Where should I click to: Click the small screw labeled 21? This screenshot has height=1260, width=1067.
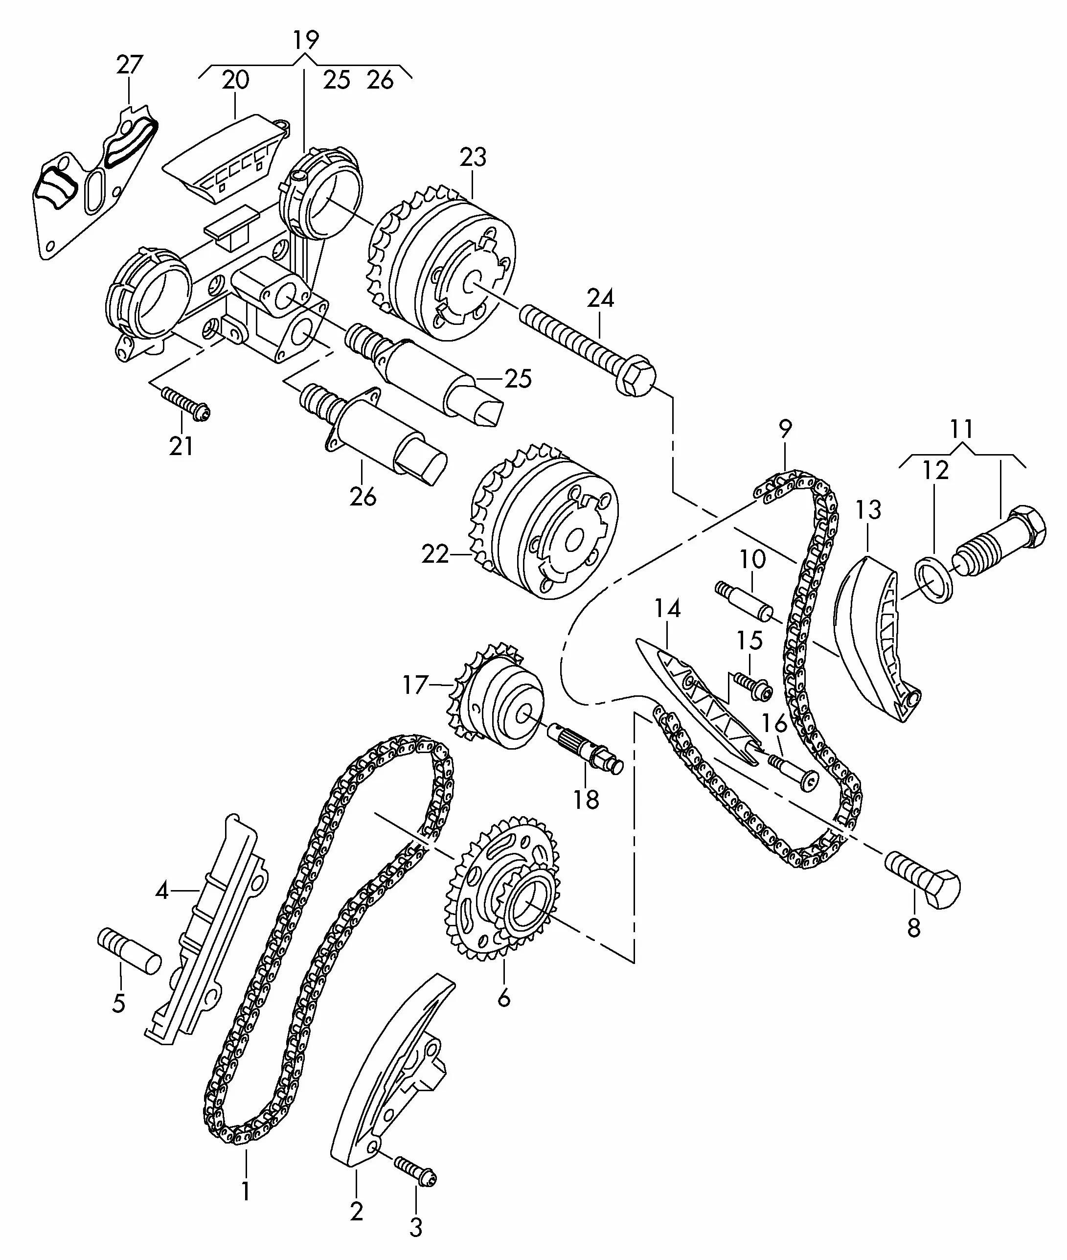click(185, 403)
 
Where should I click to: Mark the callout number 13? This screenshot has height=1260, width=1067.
click(868, 510)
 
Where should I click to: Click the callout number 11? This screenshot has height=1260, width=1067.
click(961, 430)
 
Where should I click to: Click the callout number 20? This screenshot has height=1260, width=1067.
click(235, 79)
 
